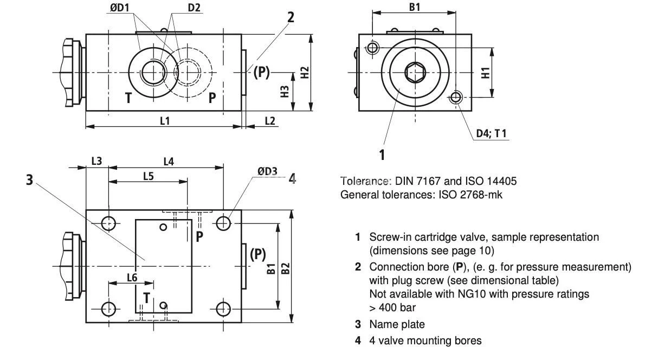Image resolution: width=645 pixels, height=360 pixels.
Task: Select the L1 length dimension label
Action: click(165, 120)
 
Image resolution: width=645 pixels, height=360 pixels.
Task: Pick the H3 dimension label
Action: click(285, 91)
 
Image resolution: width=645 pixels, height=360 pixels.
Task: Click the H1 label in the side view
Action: click(486, 72)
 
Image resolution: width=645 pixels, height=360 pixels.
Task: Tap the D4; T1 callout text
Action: click(491, 133)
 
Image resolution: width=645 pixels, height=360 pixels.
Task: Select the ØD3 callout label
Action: click(267, 172)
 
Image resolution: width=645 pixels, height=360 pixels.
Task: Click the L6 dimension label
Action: click(132, 277)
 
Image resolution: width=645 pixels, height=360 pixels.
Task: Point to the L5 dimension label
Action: click(148, 176)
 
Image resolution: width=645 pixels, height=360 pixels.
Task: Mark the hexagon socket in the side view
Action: click(415, 72)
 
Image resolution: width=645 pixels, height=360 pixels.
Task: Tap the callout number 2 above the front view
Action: click(291, 17)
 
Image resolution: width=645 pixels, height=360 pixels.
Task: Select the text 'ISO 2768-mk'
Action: click(475, 195)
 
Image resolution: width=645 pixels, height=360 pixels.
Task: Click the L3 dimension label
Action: click(96, 161)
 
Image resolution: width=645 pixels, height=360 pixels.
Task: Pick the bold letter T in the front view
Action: click(128, 98)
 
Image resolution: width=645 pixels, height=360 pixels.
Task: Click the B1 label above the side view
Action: click(415, 8)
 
